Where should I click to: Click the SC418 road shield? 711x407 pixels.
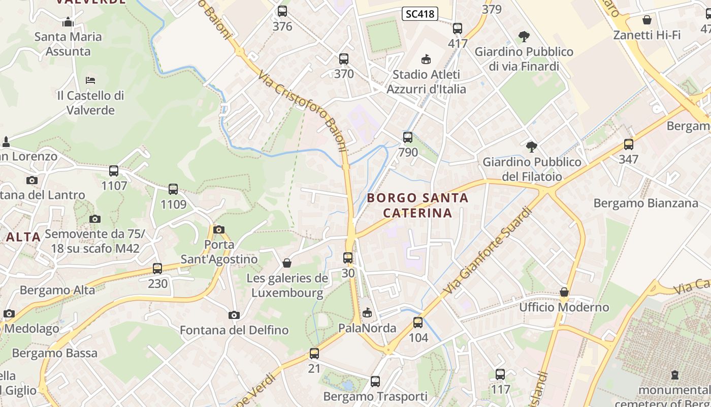pyautogui.click(x=420, y=14)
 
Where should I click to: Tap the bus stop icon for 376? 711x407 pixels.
pyautogui.click(x=282, y=11)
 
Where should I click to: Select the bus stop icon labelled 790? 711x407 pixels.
pyautogui.click(x=408, y=137)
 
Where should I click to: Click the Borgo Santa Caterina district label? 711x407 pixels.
pyautogui.click(x=417, y=205)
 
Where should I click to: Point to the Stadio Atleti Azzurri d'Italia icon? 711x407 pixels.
pyautogui.click(x=426, y=60)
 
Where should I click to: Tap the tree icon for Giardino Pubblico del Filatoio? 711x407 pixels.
pyautogui.click(x=532, y=147)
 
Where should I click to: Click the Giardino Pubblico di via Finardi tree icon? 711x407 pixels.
pyautogui.click(x=524, y=37)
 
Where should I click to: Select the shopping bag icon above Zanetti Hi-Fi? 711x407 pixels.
pyautogui.click(x=647, y=20)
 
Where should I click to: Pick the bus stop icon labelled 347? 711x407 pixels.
pyautogui.click(x=629, y=144)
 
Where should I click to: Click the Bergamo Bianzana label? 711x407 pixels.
pyautogui.click(x=645, y=203)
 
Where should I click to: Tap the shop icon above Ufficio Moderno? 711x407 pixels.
pyautogui.click(x=564, y=292)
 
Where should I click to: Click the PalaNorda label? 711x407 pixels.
pyautogui.click(x=367, y=328)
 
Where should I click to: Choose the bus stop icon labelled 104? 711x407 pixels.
pyautogui.click(x=418, y=323)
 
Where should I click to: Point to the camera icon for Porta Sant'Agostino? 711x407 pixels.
pyautogui.click(x=219, y=229)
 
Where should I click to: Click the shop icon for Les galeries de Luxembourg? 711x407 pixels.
pyautogui.click(x=287, y=263)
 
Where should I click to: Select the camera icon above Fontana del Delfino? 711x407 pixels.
pyautogui.click(x=234, y=315)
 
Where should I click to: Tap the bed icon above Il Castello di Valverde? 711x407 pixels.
pyautogui.click(x=90, y=80)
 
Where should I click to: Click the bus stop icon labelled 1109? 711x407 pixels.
pyautogui.click(x=173, y=189)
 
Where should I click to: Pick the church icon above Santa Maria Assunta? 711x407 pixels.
pyautogui.click(x=68, y=22)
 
